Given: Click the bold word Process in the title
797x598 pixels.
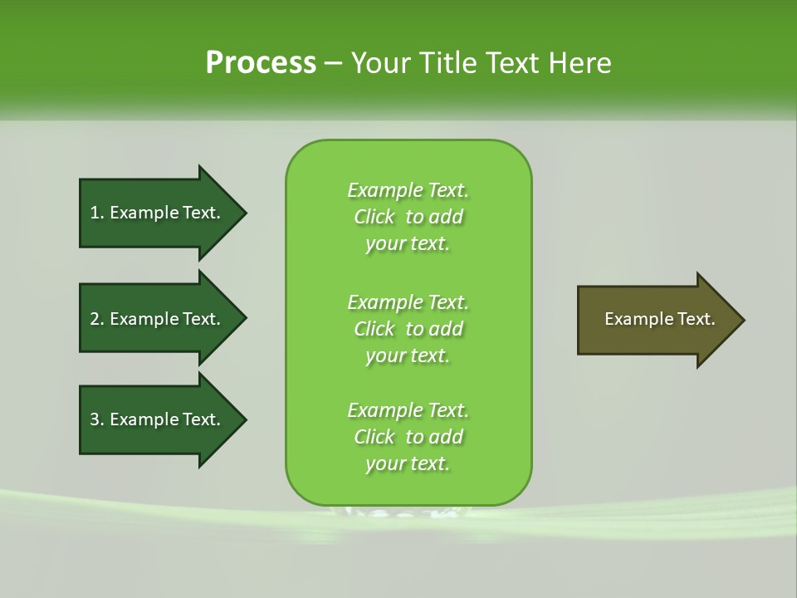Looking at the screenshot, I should coord(261,63).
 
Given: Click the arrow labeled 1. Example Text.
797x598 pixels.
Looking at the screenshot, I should coord(158,213).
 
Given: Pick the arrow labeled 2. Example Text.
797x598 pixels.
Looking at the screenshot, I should coord(158,319).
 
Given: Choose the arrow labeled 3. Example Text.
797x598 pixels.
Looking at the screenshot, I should coord(158,419).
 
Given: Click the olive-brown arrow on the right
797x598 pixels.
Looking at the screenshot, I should coord(656,320).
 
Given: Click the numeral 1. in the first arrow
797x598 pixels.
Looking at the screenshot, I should coord(96,213).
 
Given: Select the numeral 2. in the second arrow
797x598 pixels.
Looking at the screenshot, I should coord(96,319).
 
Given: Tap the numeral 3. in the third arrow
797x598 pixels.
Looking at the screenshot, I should coord(96,419).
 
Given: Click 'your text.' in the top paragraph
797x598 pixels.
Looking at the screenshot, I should coord(408,244).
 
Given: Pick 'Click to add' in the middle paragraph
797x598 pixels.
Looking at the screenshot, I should coord(408,329).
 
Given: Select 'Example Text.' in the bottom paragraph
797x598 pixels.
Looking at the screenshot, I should coord(408,410).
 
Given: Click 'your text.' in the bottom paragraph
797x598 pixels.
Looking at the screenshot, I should coord(408,464).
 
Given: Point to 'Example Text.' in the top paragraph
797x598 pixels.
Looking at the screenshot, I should coord(408,190).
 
